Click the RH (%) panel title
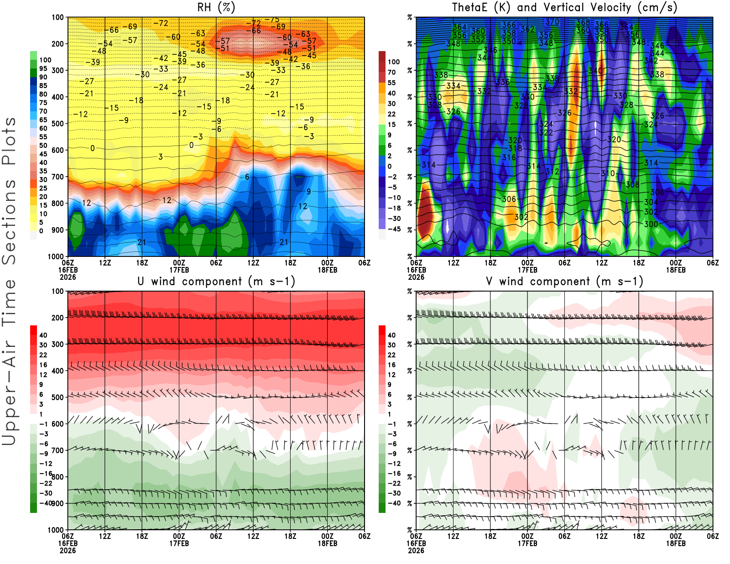pyautogui.click(x=216, y=7)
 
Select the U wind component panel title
pyautogui.click(x=216, y=281)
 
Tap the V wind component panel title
pyautogui.click(x=564, y=281)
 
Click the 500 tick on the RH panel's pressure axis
pyautogui.click(x=58, y=123)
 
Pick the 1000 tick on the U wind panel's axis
pyautogui.click(x=56, y=530)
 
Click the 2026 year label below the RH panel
pyautogui.click(x=68, y=277)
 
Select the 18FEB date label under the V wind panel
pyautogui.click(x=676, y=543)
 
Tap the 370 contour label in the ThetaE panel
pyautogui.click(x=552, y=21)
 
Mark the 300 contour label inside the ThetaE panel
pyautogui.click(x=651, y=224)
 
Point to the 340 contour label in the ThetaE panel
pyautogui.click(x=596, y=71)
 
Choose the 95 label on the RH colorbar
pyautogui.click(x=43, y=68)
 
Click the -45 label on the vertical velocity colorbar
pyautogui.click(x=394, y=229)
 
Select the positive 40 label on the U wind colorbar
pyautogui.click(x=43, y=335)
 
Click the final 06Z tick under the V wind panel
pyautogui.click(x=713, y=536)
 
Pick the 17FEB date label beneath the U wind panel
pyautogui.click(x=179, y=543)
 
